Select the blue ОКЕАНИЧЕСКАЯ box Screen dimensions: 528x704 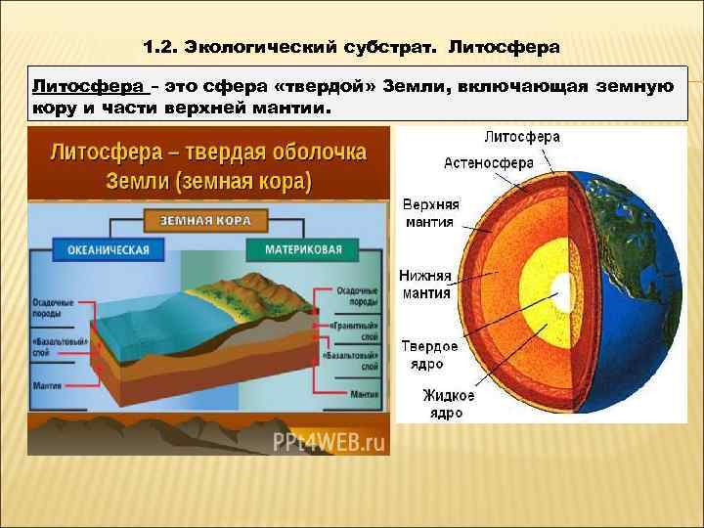click(109, 249)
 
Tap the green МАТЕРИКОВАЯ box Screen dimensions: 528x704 click(303, 249)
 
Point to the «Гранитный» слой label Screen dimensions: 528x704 click(356, 327)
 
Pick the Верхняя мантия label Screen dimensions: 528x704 click(430, 213)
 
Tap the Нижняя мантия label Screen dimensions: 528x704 click(424, 284)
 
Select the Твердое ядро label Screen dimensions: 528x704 click(429, 355)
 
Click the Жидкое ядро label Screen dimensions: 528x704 click(448, 404)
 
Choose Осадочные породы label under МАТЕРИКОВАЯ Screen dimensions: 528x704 click(356, 296)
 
